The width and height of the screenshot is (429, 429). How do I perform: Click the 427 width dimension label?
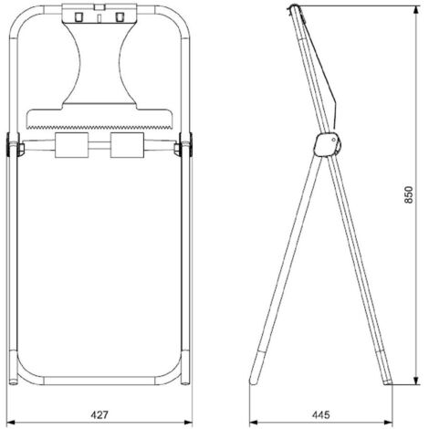(99, 414)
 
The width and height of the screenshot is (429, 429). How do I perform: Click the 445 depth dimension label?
(320, 414)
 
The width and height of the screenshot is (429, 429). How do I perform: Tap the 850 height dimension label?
(409, 194)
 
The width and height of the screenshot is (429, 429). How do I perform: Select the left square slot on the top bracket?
(78, 16)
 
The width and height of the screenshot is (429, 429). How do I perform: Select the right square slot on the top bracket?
(120, 16)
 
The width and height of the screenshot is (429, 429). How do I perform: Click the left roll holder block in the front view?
(71, 145)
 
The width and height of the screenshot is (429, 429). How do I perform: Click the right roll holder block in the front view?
(127, 145)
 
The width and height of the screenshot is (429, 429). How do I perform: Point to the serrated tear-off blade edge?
(99, 127)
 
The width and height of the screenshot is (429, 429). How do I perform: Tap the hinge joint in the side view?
(328, 145)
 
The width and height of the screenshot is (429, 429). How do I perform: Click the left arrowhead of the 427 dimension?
(10, 423)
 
